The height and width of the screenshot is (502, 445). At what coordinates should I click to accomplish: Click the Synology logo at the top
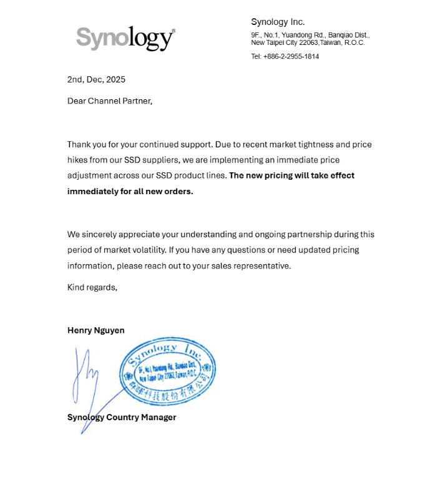click(x=125, y=39)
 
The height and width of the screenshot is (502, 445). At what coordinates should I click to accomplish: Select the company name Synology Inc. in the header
click(x=278, y=22)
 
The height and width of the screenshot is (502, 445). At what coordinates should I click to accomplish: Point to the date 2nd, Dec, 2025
click(x=96, y=79)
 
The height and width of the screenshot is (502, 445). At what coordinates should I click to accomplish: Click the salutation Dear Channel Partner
click(x=109, y=101)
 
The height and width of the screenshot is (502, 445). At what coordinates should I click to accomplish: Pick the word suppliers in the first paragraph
click(x=159, y=160)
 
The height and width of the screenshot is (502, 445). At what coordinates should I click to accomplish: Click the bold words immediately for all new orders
click(x=130, y=191)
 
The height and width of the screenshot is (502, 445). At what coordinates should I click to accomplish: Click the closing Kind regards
click(x=92, y=287)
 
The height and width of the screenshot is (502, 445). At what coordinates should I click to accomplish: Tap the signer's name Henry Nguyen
click(x=95, y=330)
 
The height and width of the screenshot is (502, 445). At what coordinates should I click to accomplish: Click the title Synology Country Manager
click(x=122, y=417)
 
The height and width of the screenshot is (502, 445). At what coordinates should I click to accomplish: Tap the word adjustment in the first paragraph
click(x=89, y=175)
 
